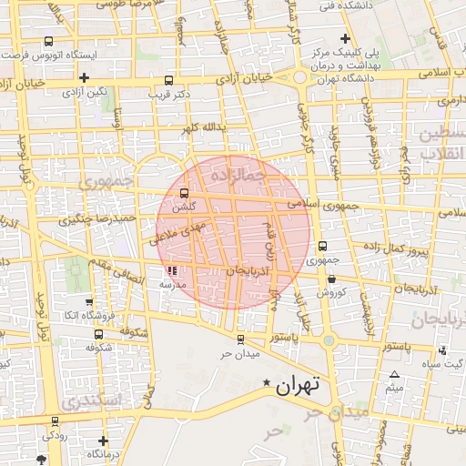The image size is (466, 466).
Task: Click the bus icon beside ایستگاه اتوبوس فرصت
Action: [48, 41]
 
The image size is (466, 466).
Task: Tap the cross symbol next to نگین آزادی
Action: [84, 77]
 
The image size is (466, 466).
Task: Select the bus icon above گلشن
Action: [186, 194]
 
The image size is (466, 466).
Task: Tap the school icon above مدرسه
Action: [173, 270]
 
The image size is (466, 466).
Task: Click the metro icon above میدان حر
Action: [240, 339]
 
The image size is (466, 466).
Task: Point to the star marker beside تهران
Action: [266, 382]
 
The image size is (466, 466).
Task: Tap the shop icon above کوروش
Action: [330, 279]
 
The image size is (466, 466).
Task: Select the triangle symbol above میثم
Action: [394, 375]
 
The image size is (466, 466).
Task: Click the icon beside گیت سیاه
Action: [442, 350]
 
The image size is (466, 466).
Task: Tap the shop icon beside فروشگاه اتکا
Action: [88, 301]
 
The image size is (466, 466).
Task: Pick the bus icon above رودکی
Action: [56, 420]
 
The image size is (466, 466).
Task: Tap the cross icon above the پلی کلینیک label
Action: [344, 38]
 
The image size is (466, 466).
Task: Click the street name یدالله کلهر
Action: [201, 128]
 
